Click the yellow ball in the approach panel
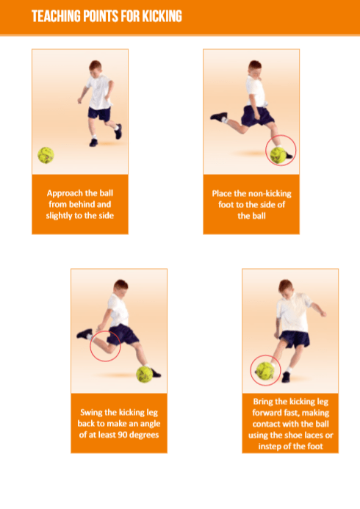click(46, 155)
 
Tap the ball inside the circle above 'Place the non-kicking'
click(278, 155)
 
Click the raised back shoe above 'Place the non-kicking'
click(218, 116)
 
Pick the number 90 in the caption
click(123, 435)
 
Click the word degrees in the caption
click(144, 435)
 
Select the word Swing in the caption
click(89, 413)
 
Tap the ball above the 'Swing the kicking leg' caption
click(145, 374)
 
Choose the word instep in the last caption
click(270, 447)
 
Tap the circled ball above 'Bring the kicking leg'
click(265, 370)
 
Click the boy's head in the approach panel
click(95, 68)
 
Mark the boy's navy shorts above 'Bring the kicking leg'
click(295, 339)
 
